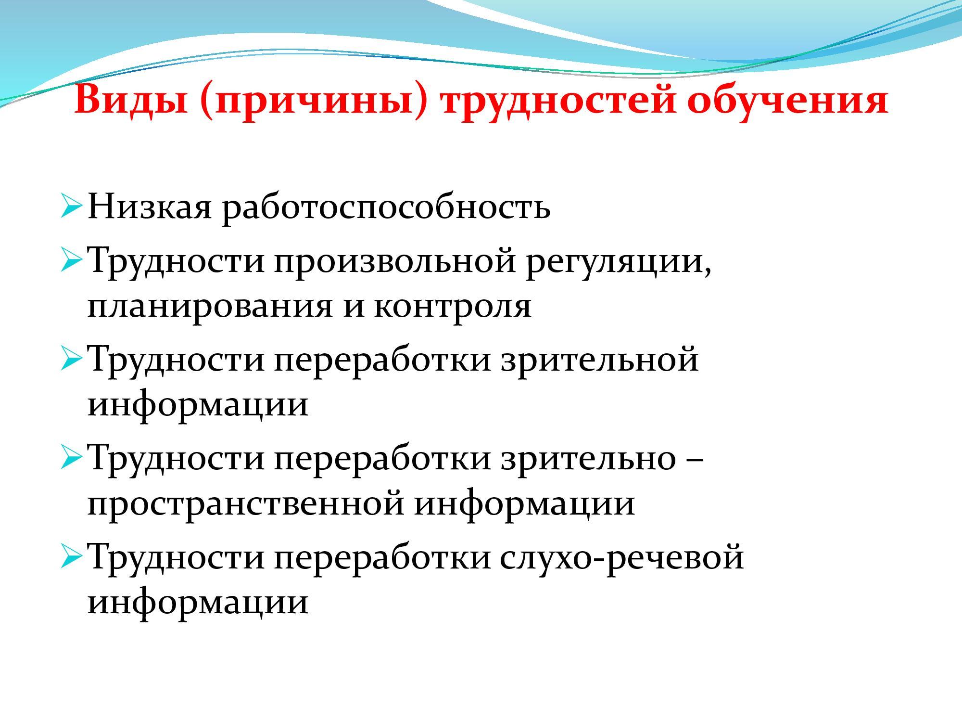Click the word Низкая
point(150,206)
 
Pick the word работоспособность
point(386,208)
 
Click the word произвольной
point(395,262)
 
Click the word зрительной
point(599,359)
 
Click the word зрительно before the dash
point(588,457)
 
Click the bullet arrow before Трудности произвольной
point(71,259)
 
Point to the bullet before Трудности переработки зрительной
point(71,359)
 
